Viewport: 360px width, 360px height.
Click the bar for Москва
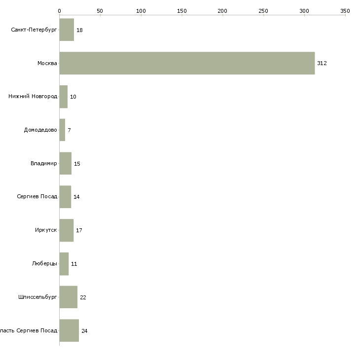pos(187,63)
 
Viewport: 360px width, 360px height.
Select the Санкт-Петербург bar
pos(67,30)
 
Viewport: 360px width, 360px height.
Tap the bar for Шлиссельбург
pos(68,297)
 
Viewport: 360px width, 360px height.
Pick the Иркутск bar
pos(66,230)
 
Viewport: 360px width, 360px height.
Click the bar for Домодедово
pos(62,130)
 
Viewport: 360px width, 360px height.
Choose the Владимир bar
pos(65,163)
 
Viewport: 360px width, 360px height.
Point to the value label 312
pos(322,63)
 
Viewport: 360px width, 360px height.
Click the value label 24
pos(84,330)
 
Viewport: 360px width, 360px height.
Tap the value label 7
pos(69,130)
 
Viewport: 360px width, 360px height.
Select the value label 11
pos(74,264)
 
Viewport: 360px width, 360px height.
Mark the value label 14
pos(76,197)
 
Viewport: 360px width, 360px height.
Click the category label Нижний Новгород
pos(33,96)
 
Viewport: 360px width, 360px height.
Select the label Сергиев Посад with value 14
pos(37,196)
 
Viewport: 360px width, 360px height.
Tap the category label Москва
pos(47,63)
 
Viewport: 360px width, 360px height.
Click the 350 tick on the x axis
pos(345,10)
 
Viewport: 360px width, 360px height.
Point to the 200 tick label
pos(222,10)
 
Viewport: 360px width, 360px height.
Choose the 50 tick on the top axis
pos(100,10)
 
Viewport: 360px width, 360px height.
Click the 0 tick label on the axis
pos(59,10)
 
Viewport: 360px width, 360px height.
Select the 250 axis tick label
pos(263,10)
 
